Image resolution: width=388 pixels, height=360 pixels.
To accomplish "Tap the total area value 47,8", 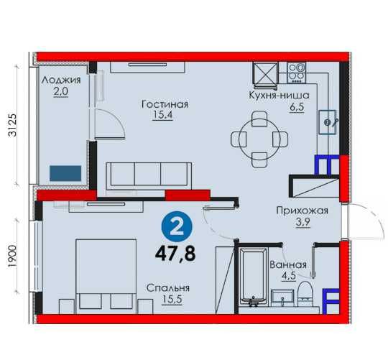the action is pyautogui.click(x=175, y=254).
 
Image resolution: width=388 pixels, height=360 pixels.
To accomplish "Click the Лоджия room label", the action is pyautogui.click(x=61, y=80).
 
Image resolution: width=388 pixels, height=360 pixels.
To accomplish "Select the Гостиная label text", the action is pyautogui.click(x=165, y=104).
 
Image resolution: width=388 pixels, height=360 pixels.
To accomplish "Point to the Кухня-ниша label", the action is pyautogui.click(x=279, y=95).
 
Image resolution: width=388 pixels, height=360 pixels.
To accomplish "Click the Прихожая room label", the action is pyautogui.click(x=302, y=211).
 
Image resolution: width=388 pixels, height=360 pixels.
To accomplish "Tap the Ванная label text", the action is pyautogui.click(x=288, y=265).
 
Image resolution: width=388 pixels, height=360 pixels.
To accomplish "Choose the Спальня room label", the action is pyautogui.click(x=167, y=288).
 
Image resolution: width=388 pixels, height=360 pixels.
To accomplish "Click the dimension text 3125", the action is pyautogui.click(x=12, y=125).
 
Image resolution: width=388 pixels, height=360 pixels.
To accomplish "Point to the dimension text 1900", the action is pyautogui.click(x=12, y=257).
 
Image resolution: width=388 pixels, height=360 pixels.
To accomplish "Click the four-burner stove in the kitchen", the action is pyautogui.click(x=296, y=73).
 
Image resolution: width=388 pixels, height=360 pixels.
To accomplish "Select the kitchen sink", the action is pyautogui.click(x=328, y=122).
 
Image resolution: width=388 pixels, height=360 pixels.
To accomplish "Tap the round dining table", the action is pyautogui.click(x=259, y=139).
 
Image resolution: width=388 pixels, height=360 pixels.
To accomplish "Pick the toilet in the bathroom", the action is pyautogui.click(x=305, y=294).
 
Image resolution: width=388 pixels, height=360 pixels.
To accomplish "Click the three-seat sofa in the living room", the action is pyautogui.click(x=149, y=176).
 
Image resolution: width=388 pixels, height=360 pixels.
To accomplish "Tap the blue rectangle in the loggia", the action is pyautogui.click(x=65, y=173).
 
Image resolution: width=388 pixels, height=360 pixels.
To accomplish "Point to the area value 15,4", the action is pyautogui.click(x=162, y=115).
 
